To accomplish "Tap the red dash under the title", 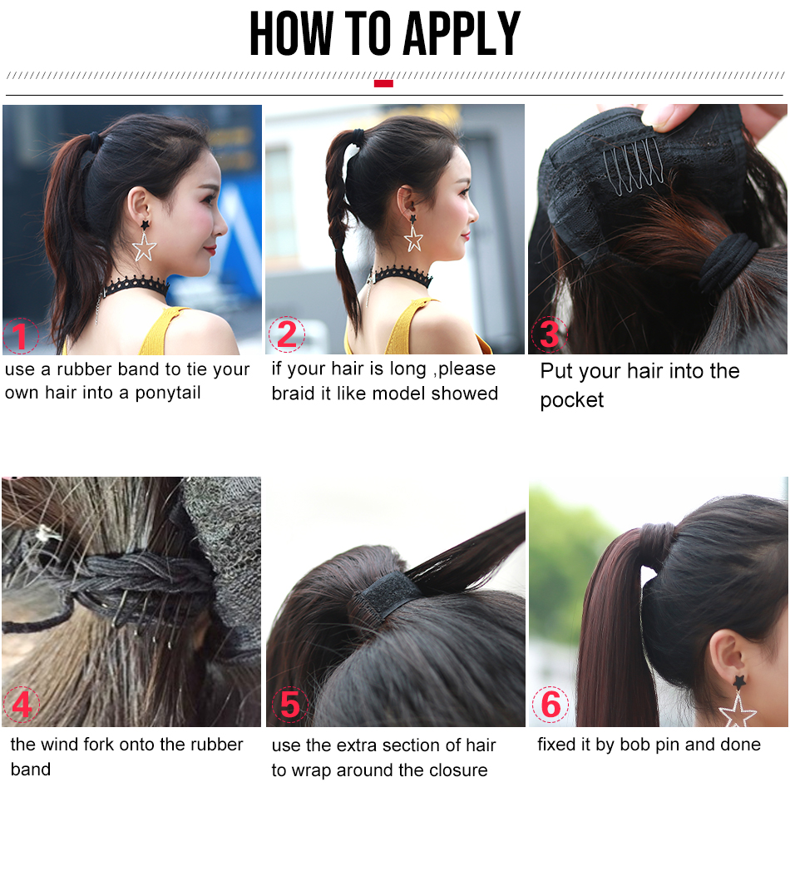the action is click(x=383, y=84).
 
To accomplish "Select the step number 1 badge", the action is click(x=21, y=336).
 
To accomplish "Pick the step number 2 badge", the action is click(x=286, y=334).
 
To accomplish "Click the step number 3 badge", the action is click(x=549, y=334).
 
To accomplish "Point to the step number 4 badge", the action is click(x=22, y=705).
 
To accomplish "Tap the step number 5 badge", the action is click(x=290, y=705).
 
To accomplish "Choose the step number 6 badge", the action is click(x=551, y=704).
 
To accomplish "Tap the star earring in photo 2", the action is click(x=413, y=234).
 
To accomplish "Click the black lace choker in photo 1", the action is click(x=135, y=286).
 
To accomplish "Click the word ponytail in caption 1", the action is click(x=168, y=394).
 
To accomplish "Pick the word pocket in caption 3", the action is click(x=571, y=401).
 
